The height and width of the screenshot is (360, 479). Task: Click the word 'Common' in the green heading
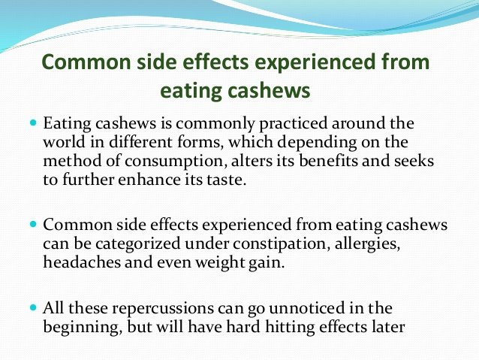tap(86, 62)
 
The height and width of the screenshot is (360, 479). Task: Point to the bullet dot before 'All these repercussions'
tap(33, 307)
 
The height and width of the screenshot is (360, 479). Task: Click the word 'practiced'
tap(294, 124)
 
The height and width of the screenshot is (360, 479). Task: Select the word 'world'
tap(64, 142)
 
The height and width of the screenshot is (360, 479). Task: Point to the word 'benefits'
tap(328, 161)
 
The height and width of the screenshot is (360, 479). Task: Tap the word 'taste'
tap(226, 180)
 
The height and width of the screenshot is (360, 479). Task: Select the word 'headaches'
tap(82, 262)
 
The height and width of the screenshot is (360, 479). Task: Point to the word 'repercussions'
tap(163, 309)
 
